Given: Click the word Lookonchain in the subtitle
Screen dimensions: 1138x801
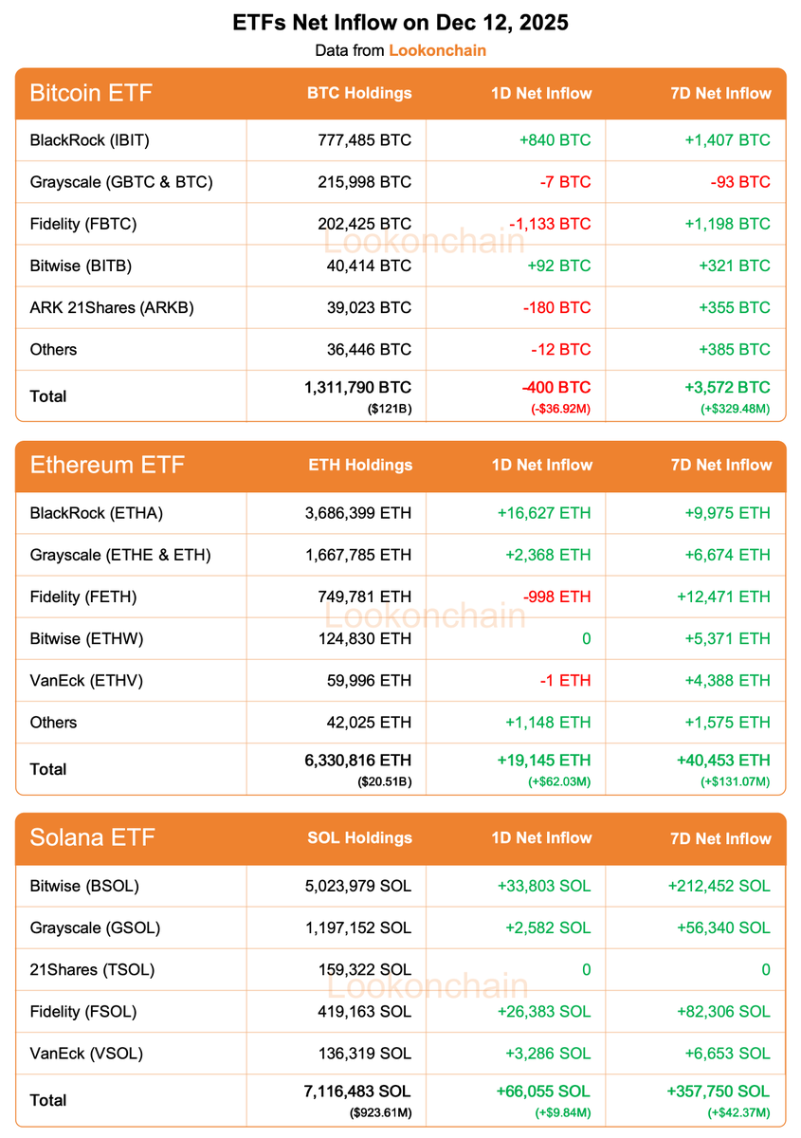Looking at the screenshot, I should click(x=437, y=50).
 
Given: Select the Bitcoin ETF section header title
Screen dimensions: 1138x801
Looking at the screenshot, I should click(x=91, y=93).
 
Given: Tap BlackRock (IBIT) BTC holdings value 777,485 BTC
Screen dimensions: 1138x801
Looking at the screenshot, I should click(x=365, y=140).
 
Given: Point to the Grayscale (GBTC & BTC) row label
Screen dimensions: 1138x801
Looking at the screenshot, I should click(x=121, y=182).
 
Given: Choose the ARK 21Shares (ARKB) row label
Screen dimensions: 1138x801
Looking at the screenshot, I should click(x=112, y=307).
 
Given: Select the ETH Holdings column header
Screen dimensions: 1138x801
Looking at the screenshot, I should click(x=360, y=465).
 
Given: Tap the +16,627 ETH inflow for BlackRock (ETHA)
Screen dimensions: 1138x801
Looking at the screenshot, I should click(x=543, y=513).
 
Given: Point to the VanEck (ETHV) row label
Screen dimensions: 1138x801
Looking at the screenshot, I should click(x=86, y=680).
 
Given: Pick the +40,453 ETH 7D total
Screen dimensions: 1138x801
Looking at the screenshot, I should click(x=723, y=760).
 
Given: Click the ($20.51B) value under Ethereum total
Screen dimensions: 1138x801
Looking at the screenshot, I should click(x=384, y=780).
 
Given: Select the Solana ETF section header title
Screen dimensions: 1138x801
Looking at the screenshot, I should click(x=93, y=837).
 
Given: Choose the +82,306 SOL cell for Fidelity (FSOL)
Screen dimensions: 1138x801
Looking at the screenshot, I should click(x=724, y=1011).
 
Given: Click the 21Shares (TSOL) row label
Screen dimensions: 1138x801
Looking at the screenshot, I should click(x=92, y=969).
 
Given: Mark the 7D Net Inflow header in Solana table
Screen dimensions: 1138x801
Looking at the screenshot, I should click(x=720, y=838).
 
